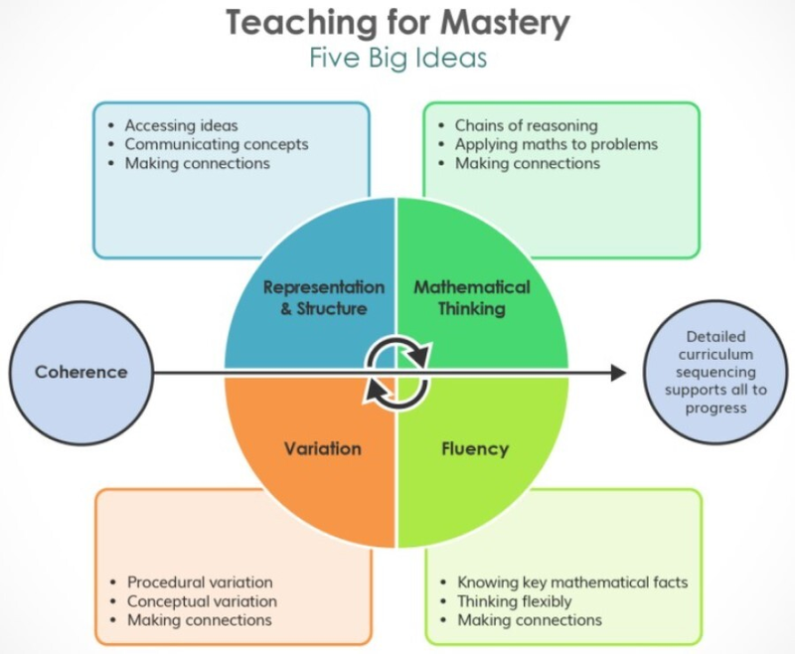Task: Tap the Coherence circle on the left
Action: click(x=81, y=372)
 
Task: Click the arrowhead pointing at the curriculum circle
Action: click(x=618, y=373)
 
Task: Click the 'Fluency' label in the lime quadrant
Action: click(x=475, y=449)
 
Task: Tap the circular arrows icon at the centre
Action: click(x=397, y=373)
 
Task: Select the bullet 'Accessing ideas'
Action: click(x=181, y=126)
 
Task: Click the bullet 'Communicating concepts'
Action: click(x=216, y=144)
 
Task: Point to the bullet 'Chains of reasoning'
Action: click(x=526, y=126)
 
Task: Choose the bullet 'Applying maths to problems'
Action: click(x=556, y=144)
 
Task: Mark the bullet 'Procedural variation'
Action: click(x=200, y=582)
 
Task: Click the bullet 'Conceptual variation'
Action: click(x=202, y=601)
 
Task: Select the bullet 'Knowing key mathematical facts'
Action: click(x=572, y=582)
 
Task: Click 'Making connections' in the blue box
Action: click(x=197, y=163)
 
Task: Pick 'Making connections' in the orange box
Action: click(x=199, y=620)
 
